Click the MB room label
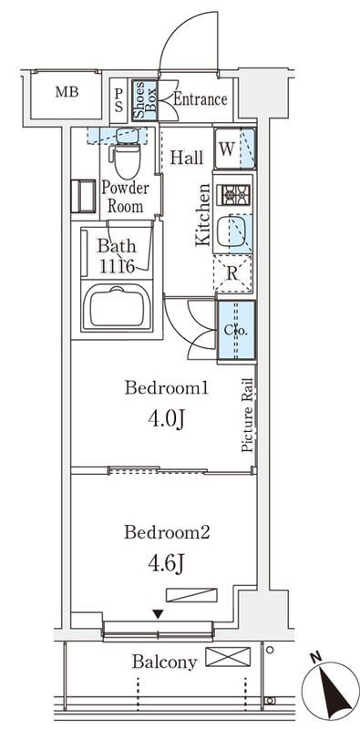point(67,92)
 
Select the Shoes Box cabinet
point(145,101)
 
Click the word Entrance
point(200,99)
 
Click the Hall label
point(187,158)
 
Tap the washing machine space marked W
point(235,149)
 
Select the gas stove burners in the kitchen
point(235,194)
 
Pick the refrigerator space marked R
point(232,273)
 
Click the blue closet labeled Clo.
point(237,330)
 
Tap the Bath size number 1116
point(118,266)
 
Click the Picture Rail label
point(248,416)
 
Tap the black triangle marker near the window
point(159,614)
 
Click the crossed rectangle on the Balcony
point(228,657)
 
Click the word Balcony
point(165,662)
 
